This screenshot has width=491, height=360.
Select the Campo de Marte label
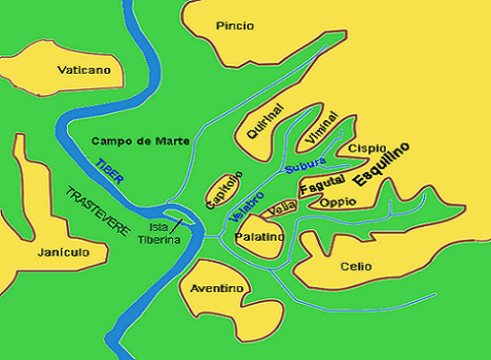(138, 141)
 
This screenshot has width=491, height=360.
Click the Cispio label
(367, 148)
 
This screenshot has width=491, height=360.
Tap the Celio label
(355, 266)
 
